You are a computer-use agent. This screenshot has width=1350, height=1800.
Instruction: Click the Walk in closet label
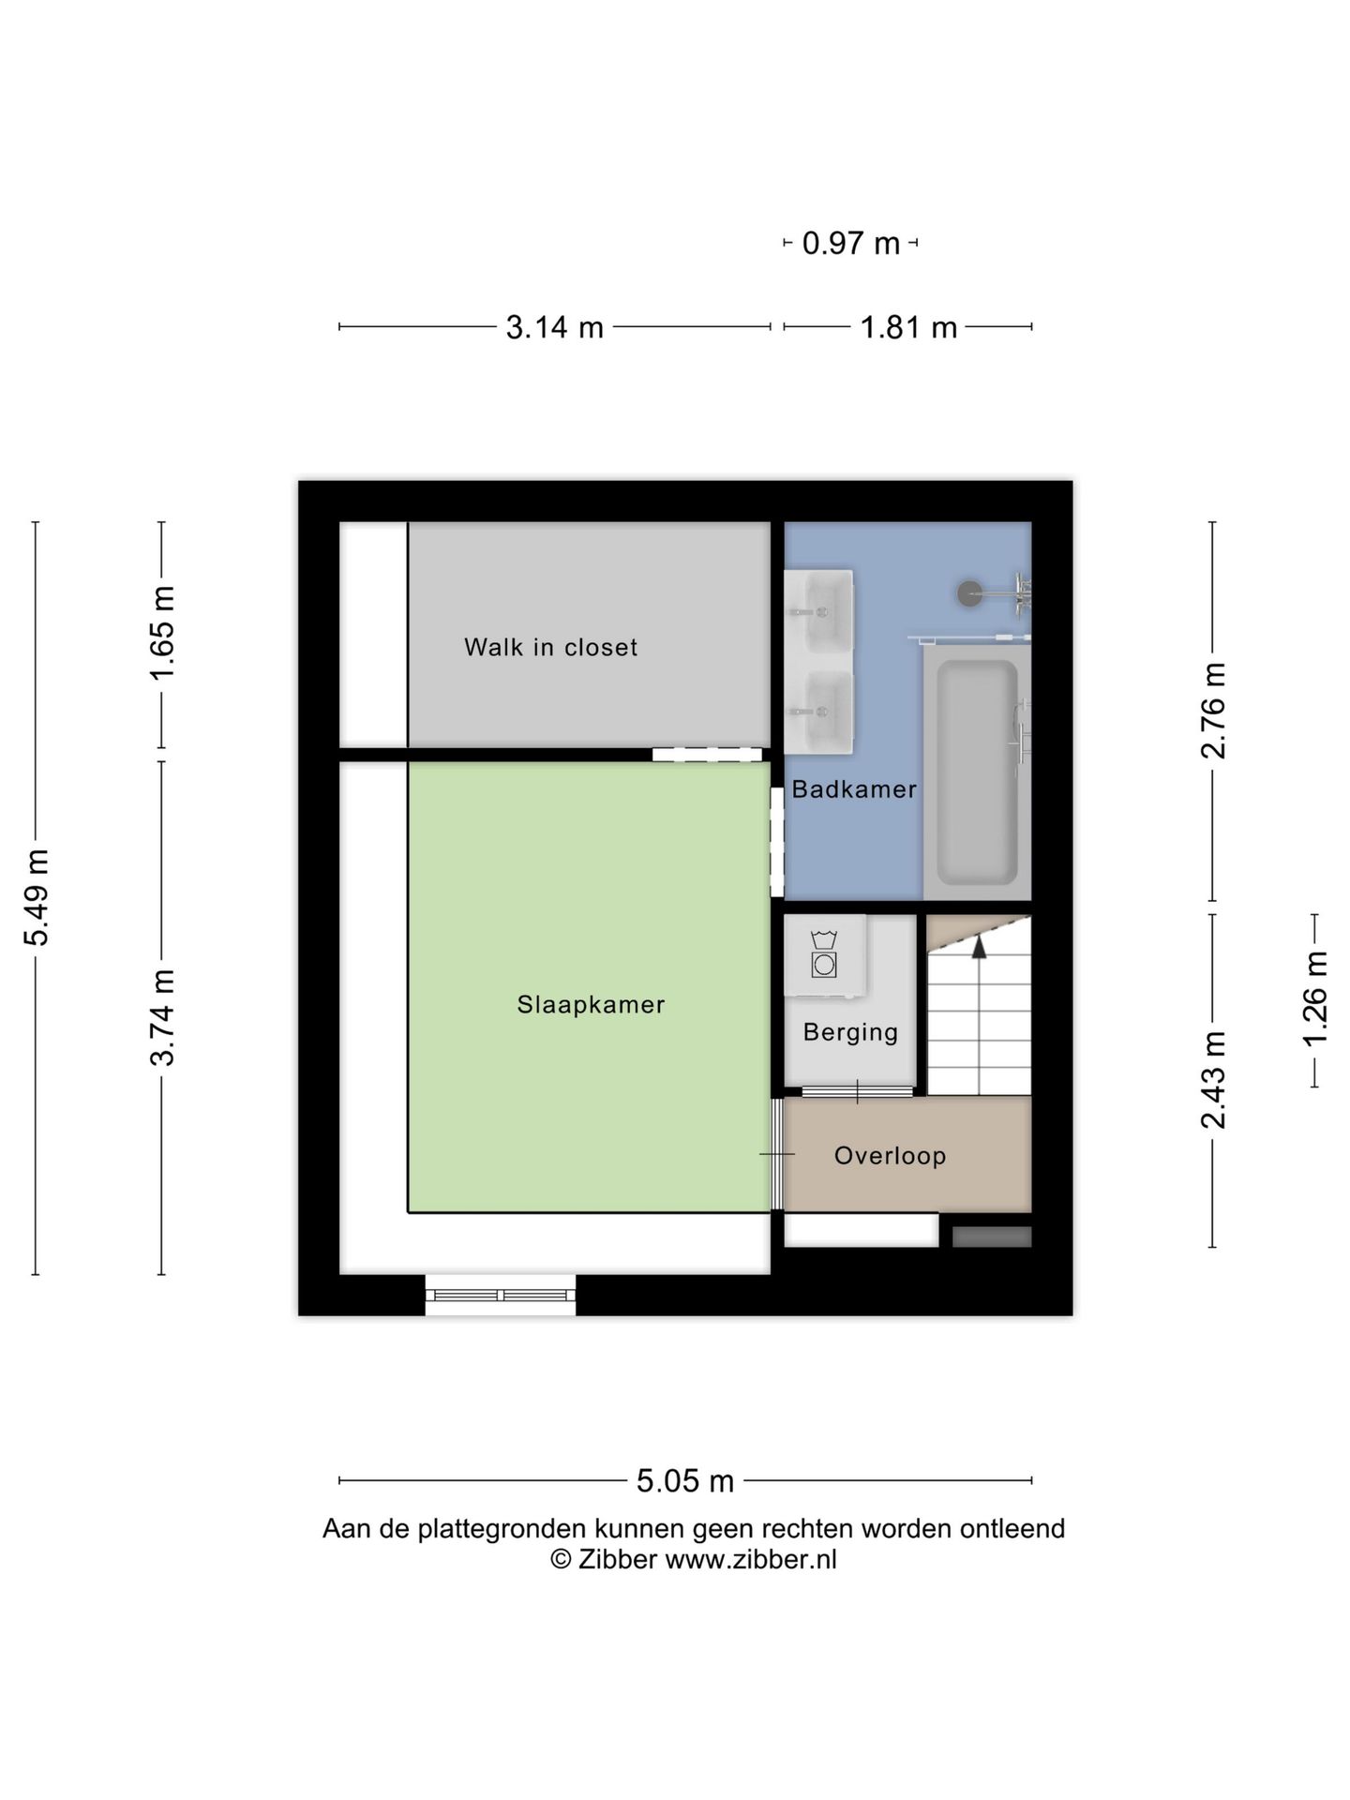pos(550,647)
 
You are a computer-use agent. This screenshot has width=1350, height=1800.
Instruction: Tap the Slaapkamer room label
pos(591,1004)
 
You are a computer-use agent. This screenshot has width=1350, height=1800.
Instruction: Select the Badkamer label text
pos(854,789)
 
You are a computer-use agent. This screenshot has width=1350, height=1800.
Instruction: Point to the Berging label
pos(850,1032)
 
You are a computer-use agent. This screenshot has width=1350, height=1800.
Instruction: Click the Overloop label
pos(890,1156)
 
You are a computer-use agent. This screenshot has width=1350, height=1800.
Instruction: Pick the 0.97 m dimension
pos(851,244)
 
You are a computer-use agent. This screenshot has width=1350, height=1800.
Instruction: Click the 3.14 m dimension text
pos(554,327)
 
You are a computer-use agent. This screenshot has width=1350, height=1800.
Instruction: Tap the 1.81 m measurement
pos(908,327)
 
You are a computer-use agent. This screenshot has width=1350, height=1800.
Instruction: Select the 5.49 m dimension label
pos(37,897)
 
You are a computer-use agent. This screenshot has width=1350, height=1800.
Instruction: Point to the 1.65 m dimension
pos(162,635)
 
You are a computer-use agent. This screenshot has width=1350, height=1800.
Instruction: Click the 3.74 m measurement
pos(162,1018)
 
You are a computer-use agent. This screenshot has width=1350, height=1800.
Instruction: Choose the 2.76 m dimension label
pos(1213,711)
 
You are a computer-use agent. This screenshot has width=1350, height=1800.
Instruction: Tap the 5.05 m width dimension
pos(685,1481)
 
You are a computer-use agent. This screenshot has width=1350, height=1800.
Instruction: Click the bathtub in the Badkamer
pos(977,772)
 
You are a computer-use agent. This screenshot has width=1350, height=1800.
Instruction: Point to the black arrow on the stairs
pos(979,947)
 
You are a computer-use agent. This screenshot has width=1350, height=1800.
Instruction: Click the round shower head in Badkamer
pos(969,592)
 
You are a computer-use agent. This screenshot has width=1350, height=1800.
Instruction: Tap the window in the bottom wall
pos(501,1295)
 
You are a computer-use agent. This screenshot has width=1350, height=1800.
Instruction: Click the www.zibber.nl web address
pos(751,1560)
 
